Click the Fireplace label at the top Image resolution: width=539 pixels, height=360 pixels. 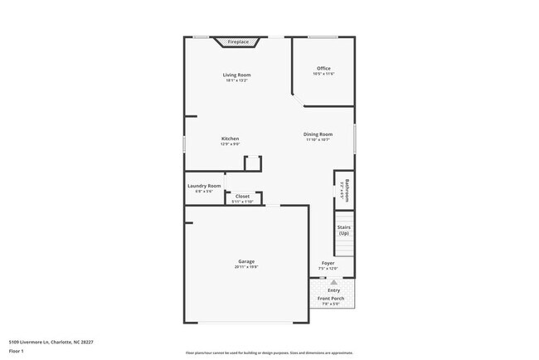(x=238, y=41)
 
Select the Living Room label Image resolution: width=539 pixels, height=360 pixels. (x=236, y=75)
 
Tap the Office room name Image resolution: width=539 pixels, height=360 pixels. (x=323, y=68)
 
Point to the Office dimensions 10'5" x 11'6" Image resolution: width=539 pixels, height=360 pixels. (x=323, y=75)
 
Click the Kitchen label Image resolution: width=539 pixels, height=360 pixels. (x=230, y=139)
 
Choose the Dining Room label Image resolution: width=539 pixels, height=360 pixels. (x=318, y=134)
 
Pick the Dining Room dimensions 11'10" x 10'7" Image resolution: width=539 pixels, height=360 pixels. (x=318, y=140)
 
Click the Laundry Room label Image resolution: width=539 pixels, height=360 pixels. (x=204, y=186)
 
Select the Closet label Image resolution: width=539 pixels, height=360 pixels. (x=242, y=197)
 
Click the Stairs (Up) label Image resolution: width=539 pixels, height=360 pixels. (x=343, y=229)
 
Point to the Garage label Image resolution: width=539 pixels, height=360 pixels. (x=246, y=262)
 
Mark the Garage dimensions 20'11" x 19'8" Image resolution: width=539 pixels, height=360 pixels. (x=246, y=268)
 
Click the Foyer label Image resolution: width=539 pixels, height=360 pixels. (x=328, y=263)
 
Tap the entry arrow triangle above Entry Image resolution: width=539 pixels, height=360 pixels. (x=333, y=282)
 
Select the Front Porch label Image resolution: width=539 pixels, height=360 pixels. (x=332, y=299)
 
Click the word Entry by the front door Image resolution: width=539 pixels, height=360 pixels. (x=333, y=290)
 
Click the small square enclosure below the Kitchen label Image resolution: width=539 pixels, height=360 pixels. (x=253, y=163)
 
